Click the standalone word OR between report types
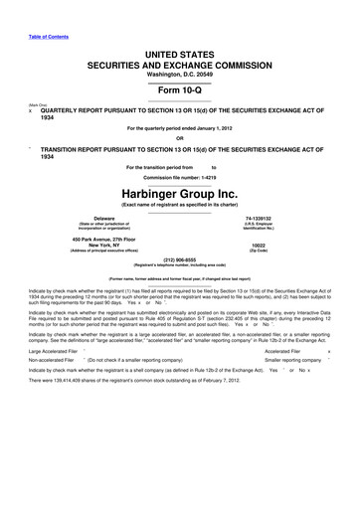click(180, 139)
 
